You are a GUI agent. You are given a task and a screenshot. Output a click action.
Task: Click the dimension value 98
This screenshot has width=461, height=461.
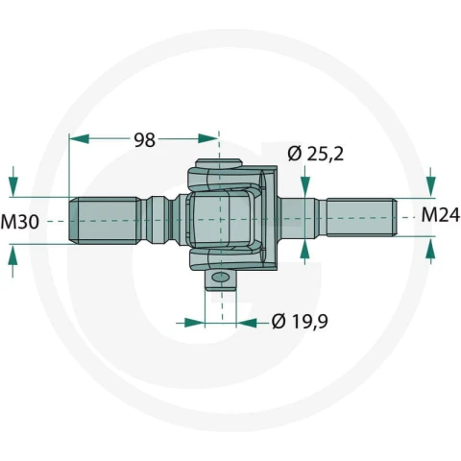point(145,140)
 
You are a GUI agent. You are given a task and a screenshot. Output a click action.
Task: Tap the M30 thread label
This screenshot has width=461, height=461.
point(20,222)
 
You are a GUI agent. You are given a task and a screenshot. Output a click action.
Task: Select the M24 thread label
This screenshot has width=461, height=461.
point(440,215)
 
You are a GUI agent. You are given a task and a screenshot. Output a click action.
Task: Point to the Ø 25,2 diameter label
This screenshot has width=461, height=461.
point(315,154)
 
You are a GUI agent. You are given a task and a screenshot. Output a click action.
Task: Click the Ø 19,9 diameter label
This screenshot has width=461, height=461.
point(300,322)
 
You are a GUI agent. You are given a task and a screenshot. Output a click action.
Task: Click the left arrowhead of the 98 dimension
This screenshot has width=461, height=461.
point(79,139)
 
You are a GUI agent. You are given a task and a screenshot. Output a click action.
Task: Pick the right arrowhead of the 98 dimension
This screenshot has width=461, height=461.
point(208,138)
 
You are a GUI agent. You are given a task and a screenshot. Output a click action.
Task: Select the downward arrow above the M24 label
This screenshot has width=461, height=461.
point(431,182)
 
